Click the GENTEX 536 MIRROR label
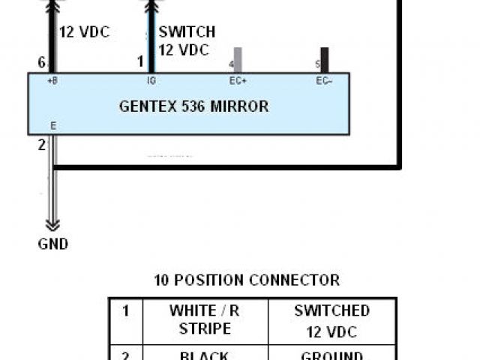click(x=193, y=106)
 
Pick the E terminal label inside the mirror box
click(x=52, y=126)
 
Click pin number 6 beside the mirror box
click(x=42, y=62)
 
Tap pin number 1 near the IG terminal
click(x=139, y=62)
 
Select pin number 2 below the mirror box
click(x=42, y=145)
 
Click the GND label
click(x=52, y=244)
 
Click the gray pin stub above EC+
click(x=238, y=59)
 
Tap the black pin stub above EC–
click(x=324, y=59)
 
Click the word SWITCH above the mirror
click(x=187, y=32)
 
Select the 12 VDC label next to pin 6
click(x=85, y=33)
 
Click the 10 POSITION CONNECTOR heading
click(x=247, y=280)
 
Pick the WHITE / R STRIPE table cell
click(x=204, y=320)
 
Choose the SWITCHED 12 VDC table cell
click(x=331, y=320)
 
